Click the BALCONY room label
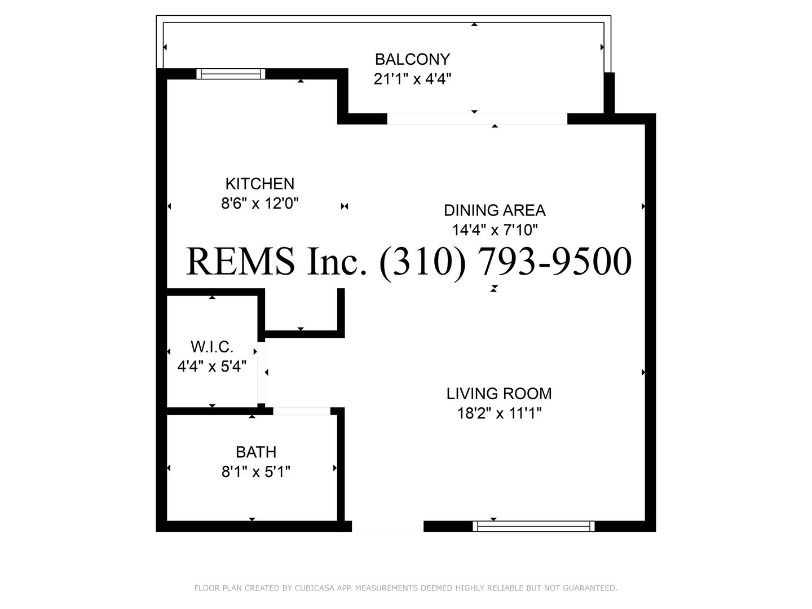click(x=412, y=59)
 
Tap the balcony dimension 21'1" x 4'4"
click(x=412, y=79)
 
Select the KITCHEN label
click(x=260, y=183)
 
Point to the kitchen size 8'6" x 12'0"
click(x=260, y=203)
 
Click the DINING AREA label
click(x=495, y=210)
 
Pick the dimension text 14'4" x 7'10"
click(x=495, y=230)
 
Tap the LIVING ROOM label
click(x=499, y=394)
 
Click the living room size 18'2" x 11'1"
click(x=499, y=413)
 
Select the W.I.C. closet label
click(x=212, y=347)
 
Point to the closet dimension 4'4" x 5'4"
click(x=212, y=367)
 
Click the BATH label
click(x=256, y=452)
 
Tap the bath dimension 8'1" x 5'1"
click(x=256, y=471)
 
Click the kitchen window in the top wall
click(x=231, y=74)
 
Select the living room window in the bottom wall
click(x=533, y=526)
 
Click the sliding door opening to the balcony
click(x=477, y=118)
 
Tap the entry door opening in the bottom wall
click(x=388, y=526)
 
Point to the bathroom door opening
click(x=302, y=411)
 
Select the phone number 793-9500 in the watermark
click(x=554, y=262)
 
